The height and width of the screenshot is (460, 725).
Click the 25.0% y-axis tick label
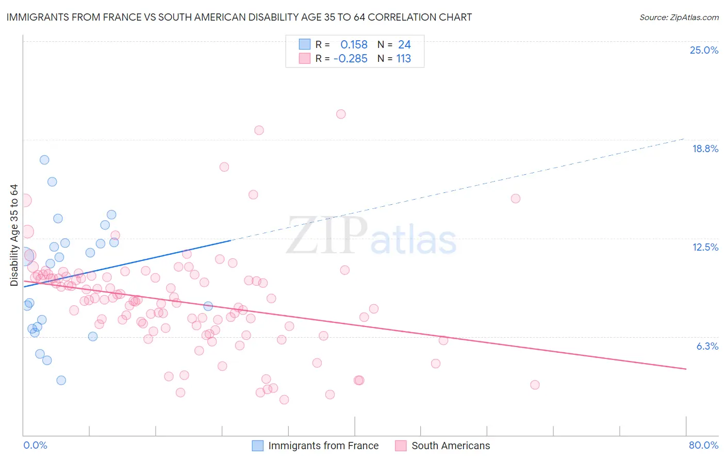click(704, 50)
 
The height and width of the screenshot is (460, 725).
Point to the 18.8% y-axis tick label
click(705, 149)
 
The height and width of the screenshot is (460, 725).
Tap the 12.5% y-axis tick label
click(705, 247)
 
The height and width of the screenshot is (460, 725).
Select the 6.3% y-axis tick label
click(707, 346)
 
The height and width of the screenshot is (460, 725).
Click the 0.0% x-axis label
click(35, 445)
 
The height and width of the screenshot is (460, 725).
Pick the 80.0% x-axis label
click(703, 445)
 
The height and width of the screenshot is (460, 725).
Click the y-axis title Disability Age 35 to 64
click(14, 235)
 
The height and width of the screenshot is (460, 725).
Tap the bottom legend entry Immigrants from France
click(323, 446)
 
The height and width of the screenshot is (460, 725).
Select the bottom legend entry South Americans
click(451, 446)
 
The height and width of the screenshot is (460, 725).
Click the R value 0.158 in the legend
click(354, 45)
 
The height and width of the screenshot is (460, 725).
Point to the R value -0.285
click(351, 59)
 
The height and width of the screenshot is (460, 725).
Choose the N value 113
click(403, 59)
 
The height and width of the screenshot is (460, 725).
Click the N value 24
click(404, 45)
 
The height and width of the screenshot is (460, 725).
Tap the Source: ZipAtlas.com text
click(679, 17)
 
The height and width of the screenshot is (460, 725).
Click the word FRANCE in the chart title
click(108, 17)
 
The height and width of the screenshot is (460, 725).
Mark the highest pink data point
click(341, 114)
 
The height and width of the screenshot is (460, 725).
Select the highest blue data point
click(44, 160)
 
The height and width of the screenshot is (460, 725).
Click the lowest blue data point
click(61, 380)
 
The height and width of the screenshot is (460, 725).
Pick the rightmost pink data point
click(535, 385)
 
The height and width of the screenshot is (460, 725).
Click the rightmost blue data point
click(208, 306)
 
